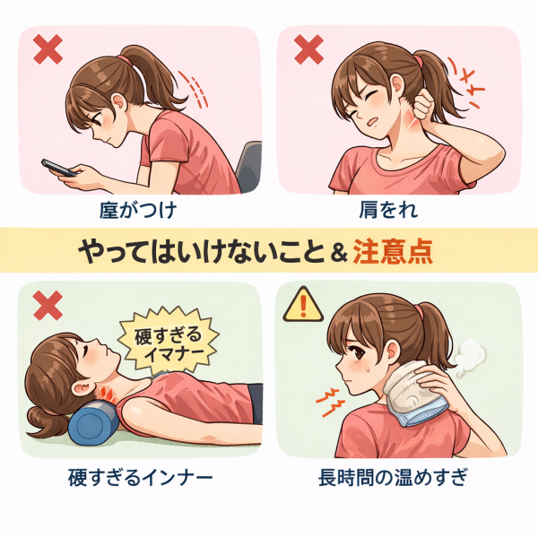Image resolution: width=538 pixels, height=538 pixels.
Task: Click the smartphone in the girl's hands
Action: coord(59,168)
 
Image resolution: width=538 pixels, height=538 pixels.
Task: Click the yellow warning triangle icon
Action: coord(303,305)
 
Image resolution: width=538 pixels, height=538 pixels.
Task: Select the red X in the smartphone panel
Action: coord(48,49)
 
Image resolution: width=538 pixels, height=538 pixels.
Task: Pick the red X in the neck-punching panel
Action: coord(308,49)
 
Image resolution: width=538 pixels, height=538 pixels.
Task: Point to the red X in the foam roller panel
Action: coord(48,306)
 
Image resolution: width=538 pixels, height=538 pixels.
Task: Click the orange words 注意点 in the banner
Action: coord(393,251)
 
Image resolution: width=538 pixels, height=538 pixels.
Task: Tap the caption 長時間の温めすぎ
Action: coord(394,478)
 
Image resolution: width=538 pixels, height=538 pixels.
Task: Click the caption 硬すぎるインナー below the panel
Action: coord(141,478)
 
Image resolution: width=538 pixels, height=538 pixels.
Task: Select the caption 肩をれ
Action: coord(389,210)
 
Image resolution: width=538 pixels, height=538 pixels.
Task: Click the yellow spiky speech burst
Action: coord(169,341)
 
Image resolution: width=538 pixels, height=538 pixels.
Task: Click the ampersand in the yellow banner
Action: coord(339,253)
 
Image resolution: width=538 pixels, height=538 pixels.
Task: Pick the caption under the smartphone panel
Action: coord(138,210)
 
